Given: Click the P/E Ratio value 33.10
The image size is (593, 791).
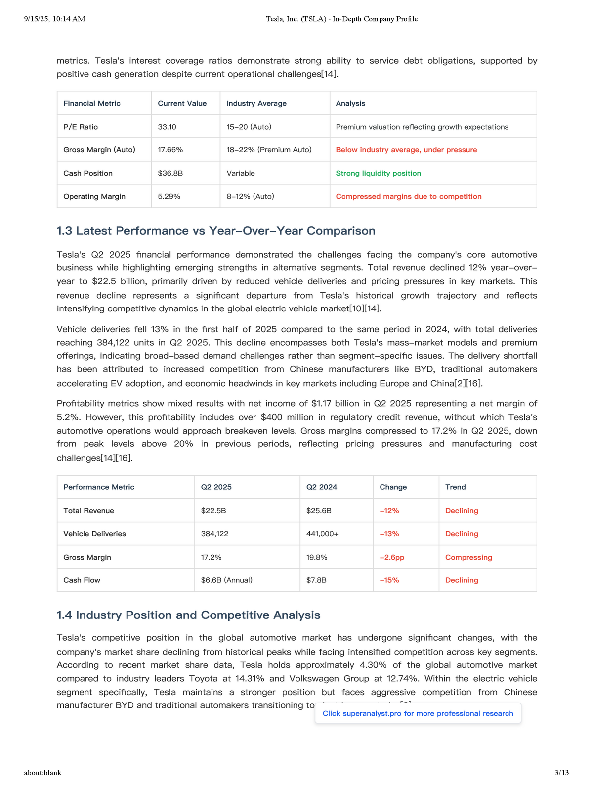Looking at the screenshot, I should [x=167, y=127].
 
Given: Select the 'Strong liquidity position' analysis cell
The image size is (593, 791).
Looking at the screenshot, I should [x=378, y=173].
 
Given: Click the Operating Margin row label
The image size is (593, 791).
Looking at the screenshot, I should [x=94, y=196].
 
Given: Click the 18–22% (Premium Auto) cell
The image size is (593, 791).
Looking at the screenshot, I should [x=269, y=150].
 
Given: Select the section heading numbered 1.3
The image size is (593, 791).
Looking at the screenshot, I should [x=216, y=231].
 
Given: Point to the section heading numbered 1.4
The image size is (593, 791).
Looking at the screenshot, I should [x=188, y=615].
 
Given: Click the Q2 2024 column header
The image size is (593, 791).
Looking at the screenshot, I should [x=321, y=487].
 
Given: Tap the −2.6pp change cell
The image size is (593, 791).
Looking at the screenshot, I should [x=392, y=557].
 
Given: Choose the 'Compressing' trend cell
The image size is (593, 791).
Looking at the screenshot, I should [x=468, y=557].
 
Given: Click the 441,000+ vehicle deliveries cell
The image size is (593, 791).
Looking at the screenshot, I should [x=322, y=534].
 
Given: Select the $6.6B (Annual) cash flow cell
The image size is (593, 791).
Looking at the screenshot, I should [x=226, y=580].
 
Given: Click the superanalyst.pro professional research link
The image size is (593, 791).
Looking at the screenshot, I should [x=418, y=713].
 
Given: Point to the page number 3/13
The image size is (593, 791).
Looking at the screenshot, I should [x=562, y=773].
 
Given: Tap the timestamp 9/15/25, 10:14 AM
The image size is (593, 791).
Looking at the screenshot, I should [x=54, y=19].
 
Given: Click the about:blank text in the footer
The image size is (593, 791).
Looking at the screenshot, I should [x=42, y=773].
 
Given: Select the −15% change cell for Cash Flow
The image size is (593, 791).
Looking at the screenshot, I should [x=389, y=580].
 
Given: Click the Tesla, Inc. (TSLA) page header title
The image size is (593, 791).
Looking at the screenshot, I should [x=341, y=19].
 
